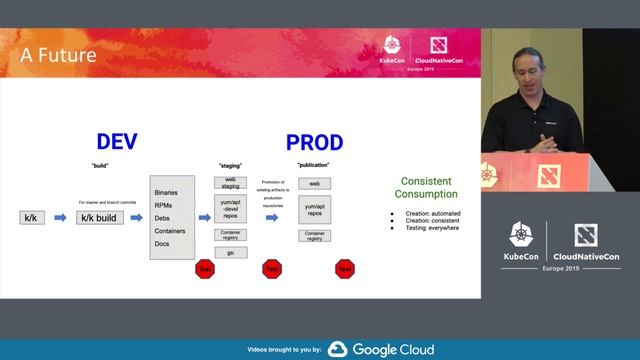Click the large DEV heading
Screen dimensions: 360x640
[x=116, y=142]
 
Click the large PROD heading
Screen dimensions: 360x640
[x=314, y=142]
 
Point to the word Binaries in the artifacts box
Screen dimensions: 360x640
[x=168, y=192]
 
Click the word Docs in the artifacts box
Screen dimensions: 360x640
[x=162, y=244]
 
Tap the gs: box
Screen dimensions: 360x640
[x=231, y=254]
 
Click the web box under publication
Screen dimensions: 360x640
[x=314, y=184]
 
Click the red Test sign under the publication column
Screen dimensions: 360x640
[x=345, y=268]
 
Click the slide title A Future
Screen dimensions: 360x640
[x=59, y=55]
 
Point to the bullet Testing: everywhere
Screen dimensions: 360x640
[x=428, y=228]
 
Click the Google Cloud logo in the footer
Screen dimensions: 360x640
[x=380, y=350]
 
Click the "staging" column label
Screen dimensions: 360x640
[x=231, y=164]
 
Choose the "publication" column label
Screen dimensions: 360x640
[x=313, y=164]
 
